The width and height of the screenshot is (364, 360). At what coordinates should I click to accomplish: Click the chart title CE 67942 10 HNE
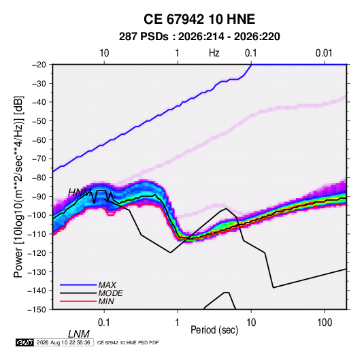(199, 19)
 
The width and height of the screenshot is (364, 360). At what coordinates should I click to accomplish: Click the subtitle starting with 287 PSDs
(199, 37)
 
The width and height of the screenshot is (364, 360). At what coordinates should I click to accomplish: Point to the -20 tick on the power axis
(39, 65)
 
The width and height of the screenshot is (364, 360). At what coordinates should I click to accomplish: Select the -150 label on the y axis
(37, 309)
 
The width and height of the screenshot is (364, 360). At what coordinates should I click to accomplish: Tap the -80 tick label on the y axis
(39, 178)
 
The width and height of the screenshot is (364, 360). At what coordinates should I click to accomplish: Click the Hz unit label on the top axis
(214, 53)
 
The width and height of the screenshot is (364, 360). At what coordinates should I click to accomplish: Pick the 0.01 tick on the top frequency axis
(324, 53)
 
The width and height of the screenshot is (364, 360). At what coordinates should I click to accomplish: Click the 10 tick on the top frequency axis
(104, 53)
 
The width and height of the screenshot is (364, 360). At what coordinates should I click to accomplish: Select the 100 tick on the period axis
(325, 323)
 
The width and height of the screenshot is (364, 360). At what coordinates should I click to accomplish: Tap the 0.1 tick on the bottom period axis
(104, 323)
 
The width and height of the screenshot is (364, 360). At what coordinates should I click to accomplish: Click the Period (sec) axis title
(214, 330)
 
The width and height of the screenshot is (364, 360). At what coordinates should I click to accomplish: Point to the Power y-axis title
(18, 186)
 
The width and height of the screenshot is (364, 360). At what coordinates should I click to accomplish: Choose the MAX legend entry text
(107, 285)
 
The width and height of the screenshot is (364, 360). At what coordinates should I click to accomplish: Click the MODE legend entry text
(110, 293)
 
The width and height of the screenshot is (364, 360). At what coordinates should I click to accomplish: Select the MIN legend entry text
(106, 301)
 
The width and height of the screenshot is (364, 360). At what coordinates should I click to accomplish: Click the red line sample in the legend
(78, 301)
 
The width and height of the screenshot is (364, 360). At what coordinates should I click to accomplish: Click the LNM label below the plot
(79, 334)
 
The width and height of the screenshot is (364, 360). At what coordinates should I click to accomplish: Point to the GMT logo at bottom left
(25, 342)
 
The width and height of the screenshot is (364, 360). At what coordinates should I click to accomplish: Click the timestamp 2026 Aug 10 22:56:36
(63, 342)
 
